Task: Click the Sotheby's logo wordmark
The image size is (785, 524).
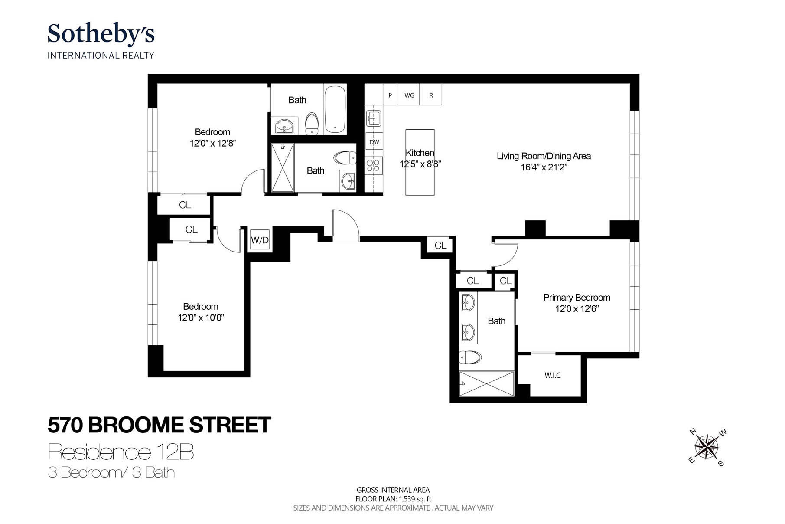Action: (101, 34)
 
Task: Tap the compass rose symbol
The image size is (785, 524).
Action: (707, 447)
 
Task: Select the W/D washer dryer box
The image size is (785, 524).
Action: (260, 240)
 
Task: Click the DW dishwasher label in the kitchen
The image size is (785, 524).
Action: (374, 142)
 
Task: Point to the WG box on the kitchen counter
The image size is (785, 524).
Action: (409, 95)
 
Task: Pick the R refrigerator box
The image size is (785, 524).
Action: (431, 95)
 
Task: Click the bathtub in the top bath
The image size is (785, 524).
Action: (335, 109)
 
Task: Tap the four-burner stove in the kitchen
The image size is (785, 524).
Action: (373, 165)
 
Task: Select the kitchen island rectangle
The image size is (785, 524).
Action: (420, 162)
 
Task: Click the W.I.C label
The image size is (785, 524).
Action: (552, 376)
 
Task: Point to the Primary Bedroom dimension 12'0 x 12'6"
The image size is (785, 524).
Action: (577, 309)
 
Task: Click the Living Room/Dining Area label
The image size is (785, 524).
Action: (544, 156)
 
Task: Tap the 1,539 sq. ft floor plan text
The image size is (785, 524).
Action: (393, 499)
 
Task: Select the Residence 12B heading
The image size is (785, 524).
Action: (121, 452)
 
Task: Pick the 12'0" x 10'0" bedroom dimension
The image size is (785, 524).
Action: (201, 318)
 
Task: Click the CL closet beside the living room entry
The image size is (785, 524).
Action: (440, 246)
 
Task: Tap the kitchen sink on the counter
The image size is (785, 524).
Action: (374, 118)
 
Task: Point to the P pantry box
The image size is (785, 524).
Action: (390, 95)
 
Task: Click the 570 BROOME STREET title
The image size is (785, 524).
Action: (159, 425)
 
